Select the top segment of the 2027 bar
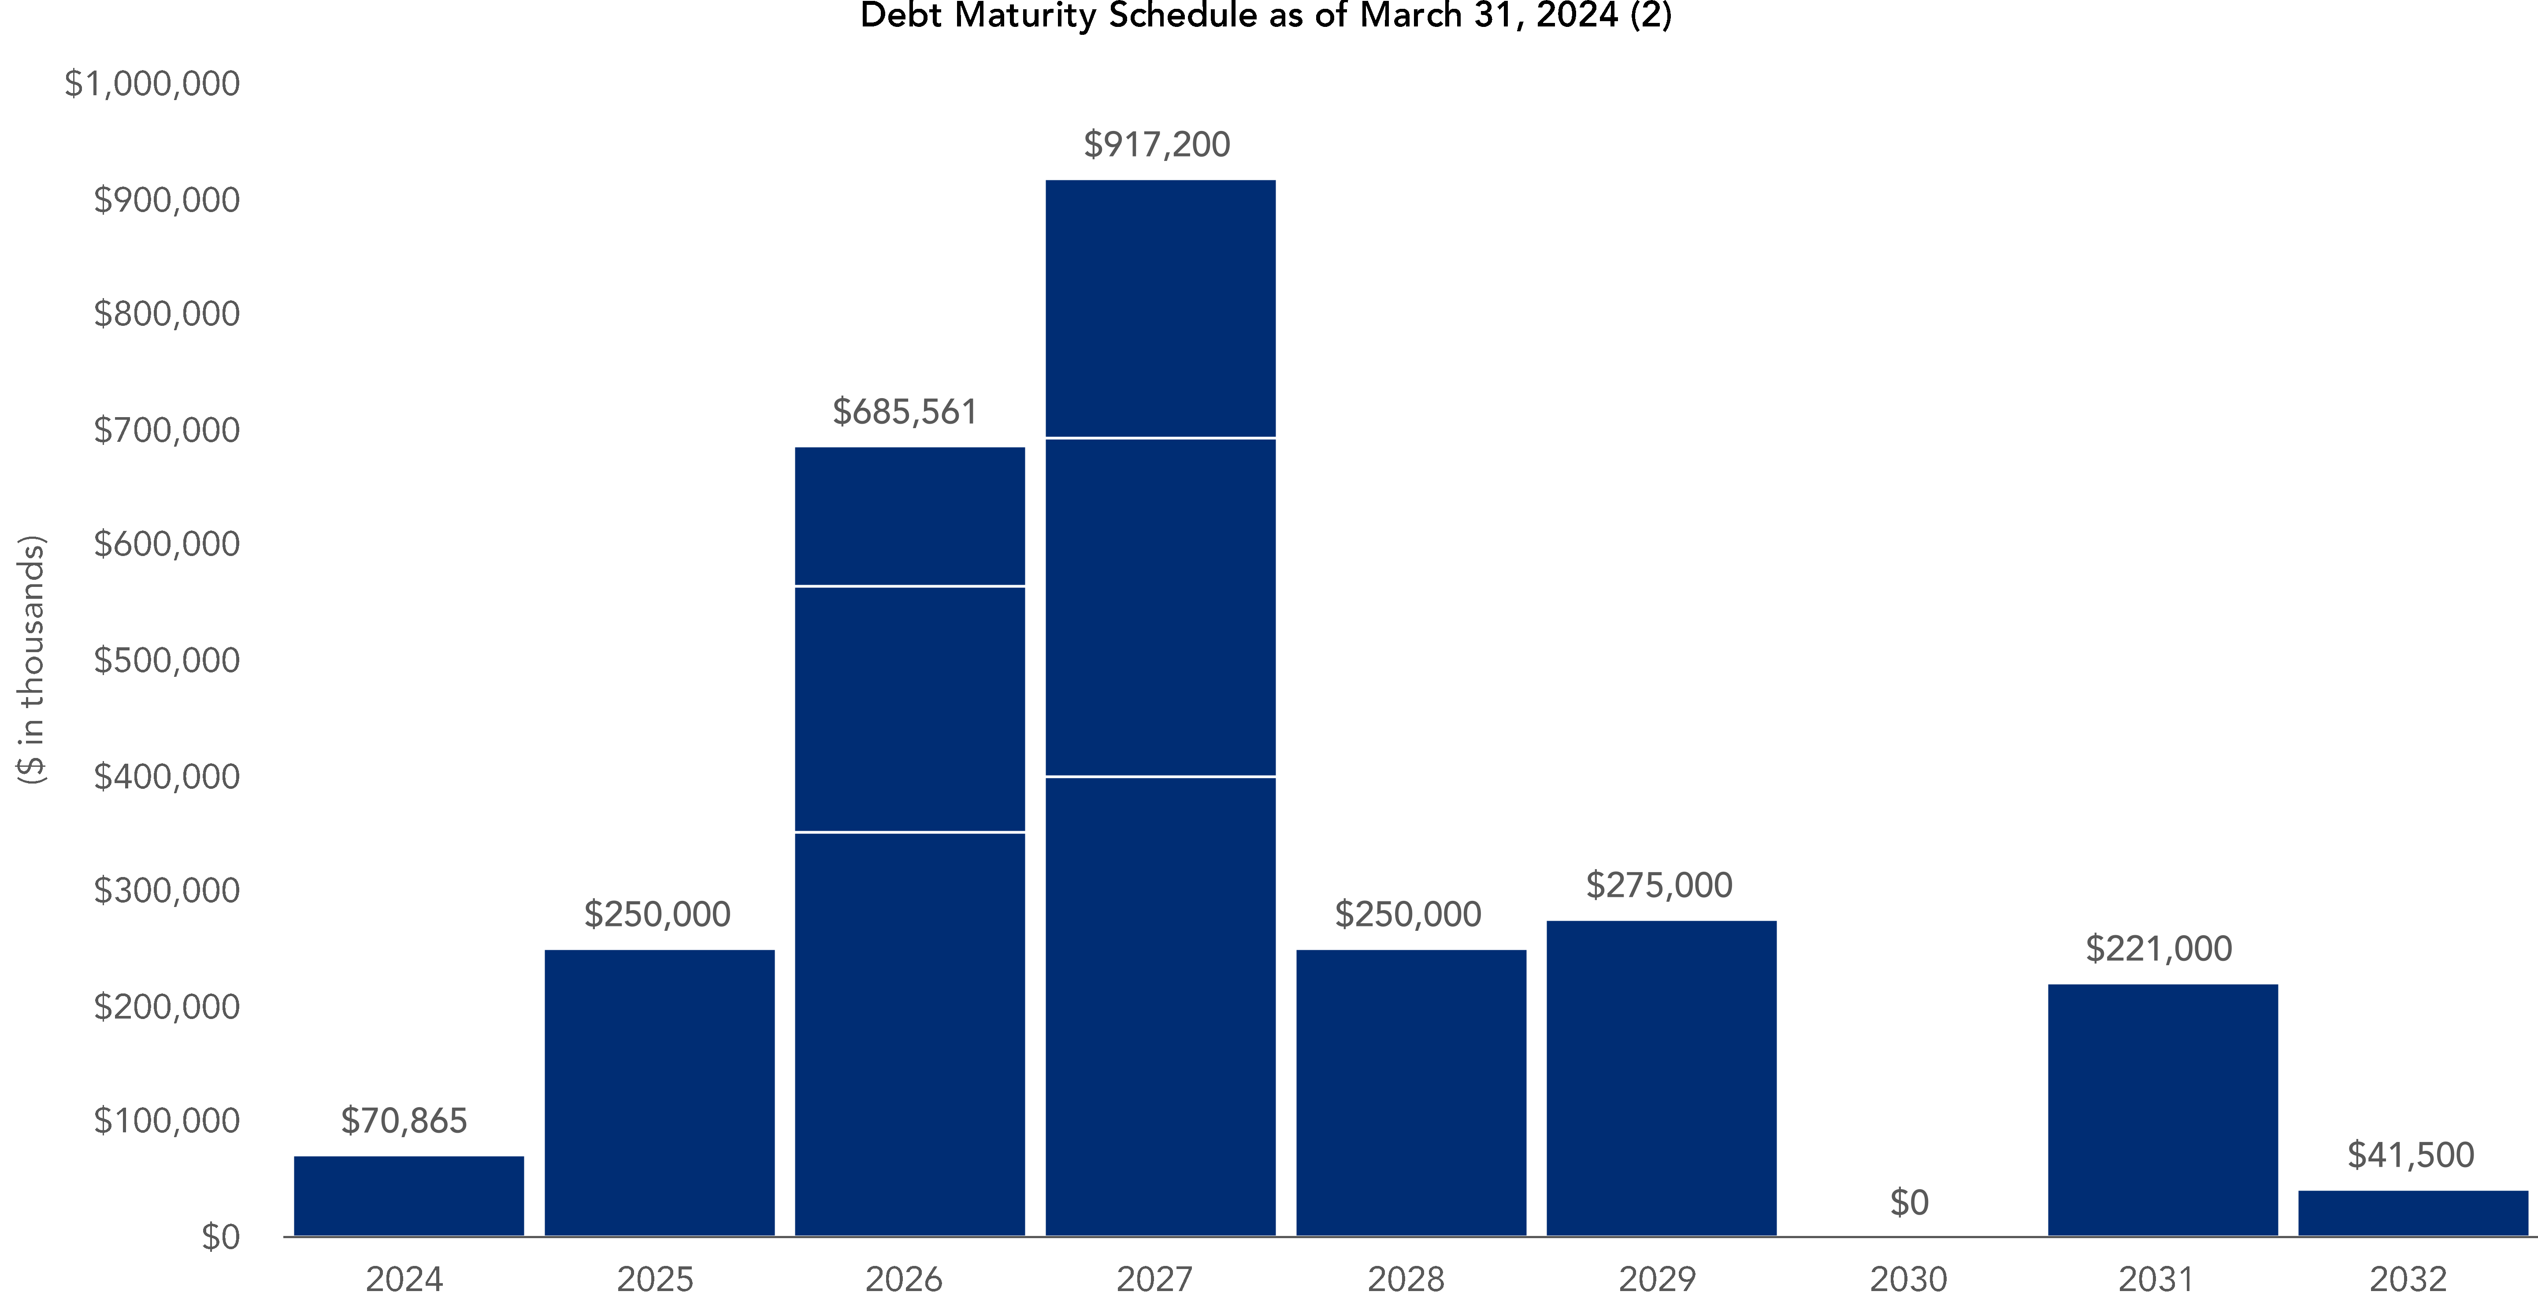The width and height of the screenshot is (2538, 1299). (1160, 309)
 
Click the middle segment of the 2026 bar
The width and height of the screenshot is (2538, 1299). (909, 709)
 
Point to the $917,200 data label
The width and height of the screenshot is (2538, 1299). (1157, 145)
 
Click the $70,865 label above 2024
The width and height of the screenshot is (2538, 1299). (404, 1120)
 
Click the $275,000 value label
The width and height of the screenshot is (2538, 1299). (1659, 885)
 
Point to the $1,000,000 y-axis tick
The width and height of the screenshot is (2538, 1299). (152, 84)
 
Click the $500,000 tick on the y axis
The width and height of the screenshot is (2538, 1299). (167, 661)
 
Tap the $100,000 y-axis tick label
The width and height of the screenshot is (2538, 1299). (167, 1120)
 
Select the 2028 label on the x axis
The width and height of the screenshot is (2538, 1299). (1406, 1279)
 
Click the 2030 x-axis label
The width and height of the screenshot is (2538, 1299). (1908, 1279)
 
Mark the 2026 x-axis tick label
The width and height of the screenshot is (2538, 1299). (903, 1279)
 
